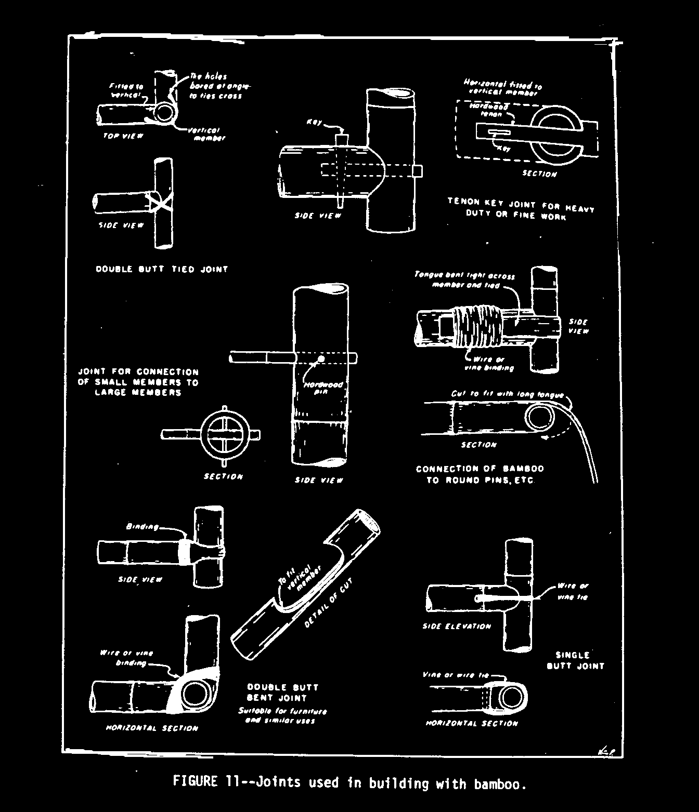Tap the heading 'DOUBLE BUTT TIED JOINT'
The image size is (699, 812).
click(x=162, y=269)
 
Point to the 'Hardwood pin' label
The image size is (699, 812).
click(x=323, y=388)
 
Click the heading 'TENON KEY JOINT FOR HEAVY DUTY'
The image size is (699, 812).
click(x=521, y=208)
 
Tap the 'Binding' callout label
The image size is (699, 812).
click(x=143, y=527)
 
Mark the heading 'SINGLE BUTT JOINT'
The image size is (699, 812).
click(x=576, y=660)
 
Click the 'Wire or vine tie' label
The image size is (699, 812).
click(x=573, y=591)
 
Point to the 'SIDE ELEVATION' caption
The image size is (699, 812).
click(x=457, y=627)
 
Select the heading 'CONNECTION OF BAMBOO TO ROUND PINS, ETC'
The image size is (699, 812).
click(x=480, y=474)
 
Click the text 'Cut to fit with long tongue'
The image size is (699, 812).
click(x=507, y=394)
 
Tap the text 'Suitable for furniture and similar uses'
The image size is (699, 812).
click(x=282, y=715)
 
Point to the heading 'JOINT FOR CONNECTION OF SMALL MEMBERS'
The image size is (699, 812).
click(x=138, y=382)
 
